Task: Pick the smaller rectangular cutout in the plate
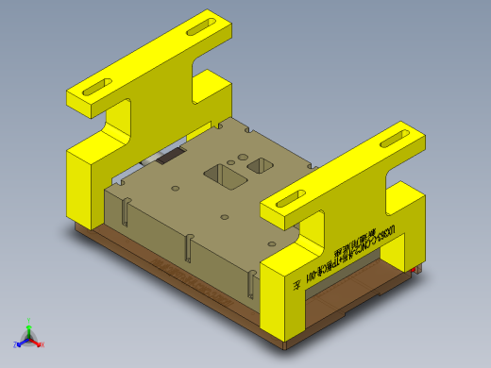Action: [x=260, y=166]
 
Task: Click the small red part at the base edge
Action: [x=416, y=271]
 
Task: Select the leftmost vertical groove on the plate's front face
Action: [x=124, y=216]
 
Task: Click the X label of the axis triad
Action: [x=42, y=344]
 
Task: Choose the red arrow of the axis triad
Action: [x=36, y=342]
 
